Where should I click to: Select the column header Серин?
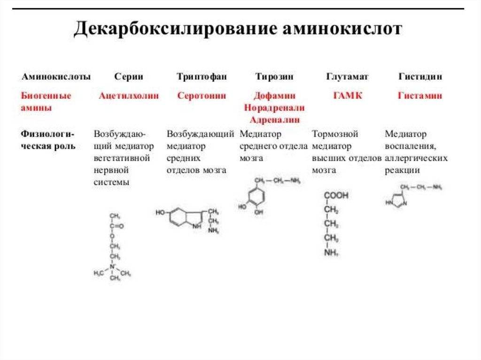coord(128,77)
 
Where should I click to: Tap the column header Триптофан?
coord(202,77)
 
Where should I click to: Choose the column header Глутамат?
coord(347,77)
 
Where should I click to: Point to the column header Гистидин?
coord(420,77)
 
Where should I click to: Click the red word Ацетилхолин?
coord(128,96)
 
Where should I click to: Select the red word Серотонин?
coord(202,96)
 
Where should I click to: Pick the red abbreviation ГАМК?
coord(348,96)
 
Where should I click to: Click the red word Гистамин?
coord(420,96)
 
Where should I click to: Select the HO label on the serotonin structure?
coord(160,213)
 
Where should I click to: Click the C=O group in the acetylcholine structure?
coord(116,226)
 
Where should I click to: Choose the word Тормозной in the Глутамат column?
coord(335,134)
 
